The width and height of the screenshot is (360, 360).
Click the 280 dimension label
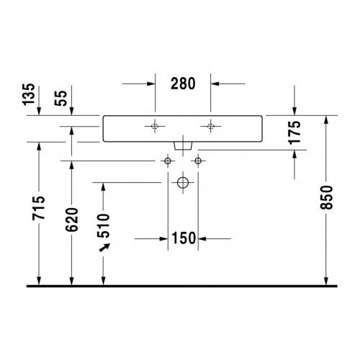point(183,84)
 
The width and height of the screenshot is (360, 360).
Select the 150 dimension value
point(184,238)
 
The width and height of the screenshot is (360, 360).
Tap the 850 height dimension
point(327,197)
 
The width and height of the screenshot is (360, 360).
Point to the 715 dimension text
point(39,208)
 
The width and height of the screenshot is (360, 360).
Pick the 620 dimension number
point(72,220)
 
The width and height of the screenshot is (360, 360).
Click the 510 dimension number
point(104,225)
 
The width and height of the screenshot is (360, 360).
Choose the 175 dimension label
point(294,132)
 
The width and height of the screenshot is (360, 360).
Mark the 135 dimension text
point(29,94)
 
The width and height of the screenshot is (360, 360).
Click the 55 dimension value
point(60,98)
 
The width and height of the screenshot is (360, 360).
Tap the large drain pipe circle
point(183,183)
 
